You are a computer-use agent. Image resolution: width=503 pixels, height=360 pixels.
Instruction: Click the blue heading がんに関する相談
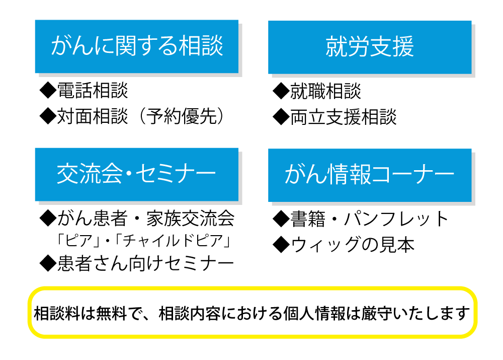(137, 46)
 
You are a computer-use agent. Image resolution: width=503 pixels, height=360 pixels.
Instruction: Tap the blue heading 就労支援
(370, 47)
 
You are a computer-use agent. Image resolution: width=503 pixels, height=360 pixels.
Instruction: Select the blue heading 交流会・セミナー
(136, 174)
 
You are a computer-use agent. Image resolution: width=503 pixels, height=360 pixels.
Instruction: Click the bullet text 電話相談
(93, 90)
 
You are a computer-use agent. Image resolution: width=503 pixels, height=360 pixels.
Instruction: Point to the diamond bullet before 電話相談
(48, 91)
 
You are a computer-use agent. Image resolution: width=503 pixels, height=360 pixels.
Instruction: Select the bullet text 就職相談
(325, 91)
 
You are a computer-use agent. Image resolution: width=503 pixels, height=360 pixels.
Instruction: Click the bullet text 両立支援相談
(343, 117)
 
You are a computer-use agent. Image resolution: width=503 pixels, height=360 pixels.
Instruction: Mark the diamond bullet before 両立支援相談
(281, 117)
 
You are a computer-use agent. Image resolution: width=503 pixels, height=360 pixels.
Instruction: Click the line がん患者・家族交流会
(146, 219)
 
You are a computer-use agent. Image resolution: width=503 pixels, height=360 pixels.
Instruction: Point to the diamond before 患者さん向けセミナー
(48, 264)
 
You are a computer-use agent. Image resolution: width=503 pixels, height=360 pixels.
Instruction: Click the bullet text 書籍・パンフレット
(369, 219)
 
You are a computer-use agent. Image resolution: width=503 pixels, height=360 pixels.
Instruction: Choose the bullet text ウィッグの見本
(352, 245)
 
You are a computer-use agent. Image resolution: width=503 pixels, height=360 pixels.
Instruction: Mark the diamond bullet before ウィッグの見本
(281, 245)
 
